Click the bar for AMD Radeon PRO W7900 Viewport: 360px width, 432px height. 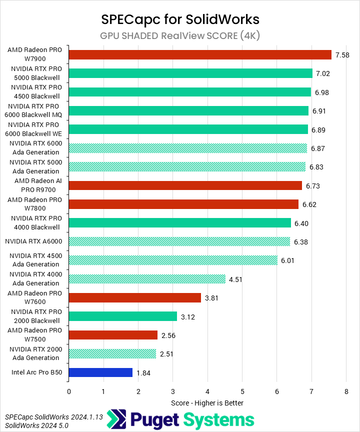(200, 54)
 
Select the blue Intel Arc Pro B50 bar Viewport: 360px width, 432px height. (100, 372)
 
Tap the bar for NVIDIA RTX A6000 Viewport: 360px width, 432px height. (179, 241)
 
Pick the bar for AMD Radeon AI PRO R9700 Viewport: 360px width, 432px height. (185, 185)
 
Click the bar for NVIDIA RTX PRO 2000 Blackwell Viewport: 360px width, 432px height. (122, 316)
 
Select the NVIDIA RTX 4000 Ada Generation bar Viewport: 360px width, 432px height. (147, 279)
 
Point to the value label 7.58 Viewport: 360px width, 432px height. (342, 55)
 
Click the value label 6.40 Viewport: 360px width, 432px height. (301, 223)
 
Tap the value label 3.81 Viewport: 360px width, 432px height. (211, 298)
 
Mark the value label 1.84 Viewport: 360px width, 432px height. (143, 373)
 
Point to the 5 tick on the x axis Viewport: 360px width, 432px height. (242, 392)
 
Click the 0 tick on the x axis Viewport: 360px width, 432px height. (68, 392)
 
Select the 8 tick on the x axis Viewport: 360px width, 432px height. (346, 392)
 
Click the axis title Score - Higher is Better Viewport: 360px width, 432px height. (207, 402)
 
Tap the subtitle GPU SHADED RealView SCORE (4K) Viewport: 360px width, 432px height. (180, 35)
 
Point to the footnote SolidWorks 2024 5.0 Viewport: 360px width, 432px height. (36, 425)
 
